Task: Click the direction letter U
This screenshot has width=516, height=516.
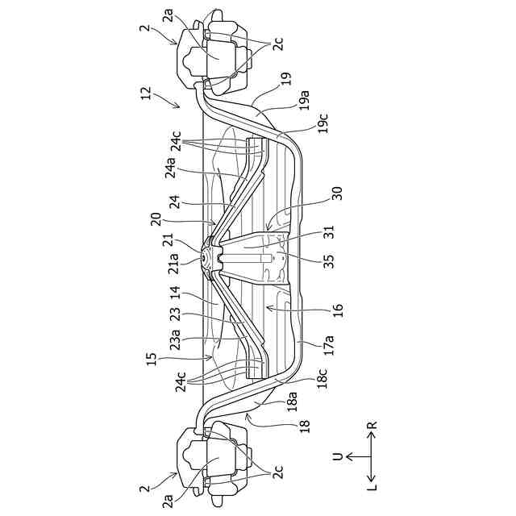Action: (338, 456)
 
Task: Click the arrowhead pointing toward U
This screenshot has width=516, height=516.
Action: (348, 456)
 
